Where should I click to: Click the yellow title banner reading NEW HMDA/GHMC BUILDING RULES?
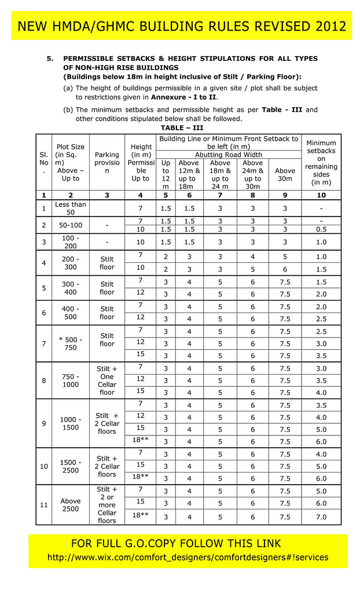coord(182,26)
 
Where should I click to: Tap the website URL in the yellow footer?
coord(188,557)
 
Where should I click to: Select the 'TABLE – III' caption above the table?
coord(182,127)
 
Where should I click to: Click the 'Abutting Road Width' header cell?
coord(229,155)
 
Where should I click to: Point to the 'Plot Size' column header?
coord(70,163)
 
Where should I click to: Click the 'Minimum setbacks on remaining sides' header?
coord(321,163)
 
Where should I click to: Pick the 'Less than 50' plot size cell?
coord(70,208)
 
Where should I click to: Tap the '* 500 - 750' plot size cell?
coord(70,343)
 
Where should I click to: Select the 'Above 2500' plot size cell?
coord(70,505)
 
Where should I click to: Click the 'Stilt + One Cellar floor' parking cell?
coord(107,380)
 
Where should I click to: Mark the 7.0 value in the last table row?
coord(321,517)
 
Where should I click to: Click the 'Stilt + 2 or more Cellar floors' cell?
coord(107,505)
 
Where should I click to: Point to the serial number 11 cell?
coord(44,505)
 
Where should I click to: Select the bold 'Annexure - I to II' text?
coord(183,97)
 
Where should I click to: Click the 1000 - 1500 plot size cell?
coord(70,423)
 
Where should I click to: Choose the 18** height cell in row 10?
coord(140,477)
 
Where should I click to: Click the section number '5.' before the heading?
coord(50,58)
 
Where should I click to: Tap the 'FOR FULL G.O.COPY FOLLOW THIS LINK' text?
coord(176,543)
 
